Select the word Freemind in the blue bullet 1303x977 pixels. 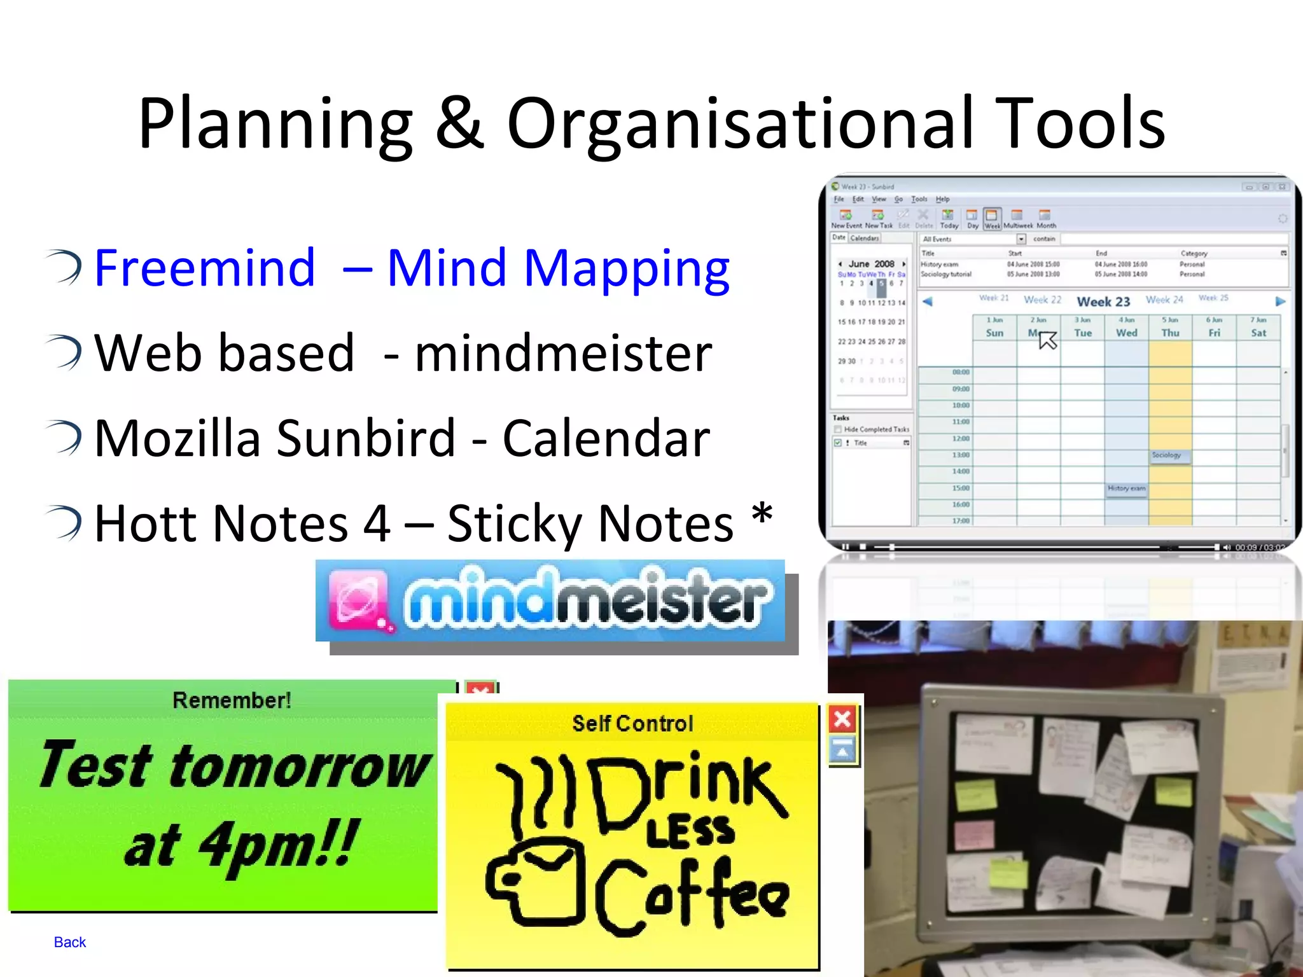click(205, 268)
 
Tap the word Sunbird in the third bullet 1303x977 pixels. click(366, 439)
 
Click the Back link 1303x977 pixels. click(70, 942)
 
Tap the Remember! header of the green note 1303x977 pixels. click(232, 700)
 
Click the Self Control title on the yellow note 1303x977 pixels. click(632, 724)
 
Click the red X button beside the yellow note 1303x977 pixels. click(842, 719)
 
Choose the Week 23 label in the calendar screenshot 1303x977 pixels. click(1103, 301)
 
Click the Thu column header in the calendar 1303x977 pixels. click(1170, 333)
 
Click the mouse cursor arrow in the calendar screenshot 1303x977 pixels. click(1047, 340)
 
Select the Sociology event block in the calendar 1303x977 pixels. click(1169, 455)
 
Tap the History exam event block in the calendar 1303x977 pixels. click(1126, 488)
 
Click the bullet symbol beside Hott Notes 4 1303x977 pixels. click(66, 523)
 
